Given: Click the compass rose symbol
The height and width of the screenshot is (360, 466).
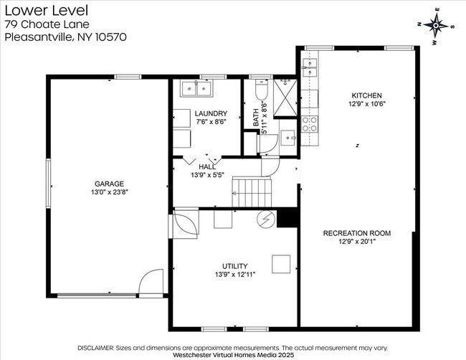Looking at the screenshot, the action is coord(436,26).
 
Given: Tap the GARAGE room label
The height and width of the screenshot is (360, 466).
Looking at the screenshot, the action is coord(109,184).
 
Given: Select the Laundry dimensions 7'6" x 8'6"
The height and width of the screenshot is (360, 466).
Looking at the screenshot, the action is coord(211,122).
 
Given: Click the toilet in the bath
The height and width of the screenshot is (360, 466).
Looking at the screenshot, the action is coord(262,89).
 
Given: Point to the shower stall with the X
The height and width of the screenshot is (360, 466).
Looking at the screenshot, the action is coord(285,98).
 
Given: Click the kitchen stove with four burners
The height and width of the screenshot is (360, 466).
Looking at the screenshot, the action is coord(310,124).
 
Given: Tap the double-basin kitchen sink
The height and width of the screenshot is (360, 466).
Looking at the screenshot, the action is coord(310,68).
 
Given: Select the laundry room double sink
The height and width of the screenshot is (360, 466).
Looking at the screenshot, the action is coord(196,89).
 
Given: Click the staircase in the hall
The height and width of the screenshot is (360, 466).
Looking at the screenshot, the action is coord(252,191).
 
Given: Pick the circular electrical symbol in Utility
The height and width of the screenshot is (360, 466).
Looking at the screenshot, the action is coord(266,219).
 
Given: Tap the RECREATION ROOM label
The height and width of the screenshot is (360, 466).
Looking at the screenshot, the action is coord(356,233).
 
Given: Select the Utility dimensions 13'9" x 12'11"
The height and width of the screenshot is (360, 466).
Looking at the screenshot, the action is coord(235,275).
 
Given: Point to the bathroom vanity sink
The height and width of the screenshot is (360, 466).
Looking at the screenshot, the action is coord(287,138).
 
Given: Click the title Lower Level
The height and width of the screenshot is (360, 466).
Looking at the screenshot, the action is coord(47,11).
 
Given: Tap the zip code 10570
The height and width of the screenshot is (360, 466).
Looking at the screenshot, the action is coord(111,37).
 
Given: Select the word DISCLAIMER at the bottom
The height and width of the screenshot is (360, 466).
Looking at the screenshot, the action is coord(95,348).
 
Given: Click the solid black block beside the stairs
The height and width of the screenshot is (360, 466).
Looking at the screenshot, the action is coord(287,219).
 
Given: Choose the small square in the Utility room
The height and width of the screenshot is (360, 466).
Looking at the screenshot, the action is coord(281,264).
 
